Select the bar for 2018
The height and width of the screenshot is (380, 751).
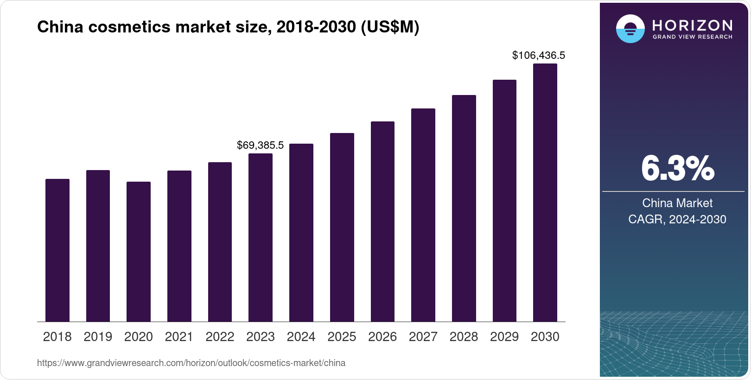tap(57, 250)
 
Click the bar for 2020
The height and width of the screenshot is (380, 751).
tap(139, 252)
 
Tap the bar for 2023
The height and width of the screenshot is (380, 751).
tap(261, 237)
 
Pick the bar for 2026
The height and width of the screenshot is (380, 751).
tap(382, 222)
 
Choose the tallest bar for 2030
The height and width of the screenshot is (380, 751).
tap(545, 193)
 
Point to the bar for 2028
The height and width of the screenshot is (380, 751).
tap(464, 209)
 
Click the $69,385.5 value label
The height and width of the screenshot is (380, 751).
tap(260, 145)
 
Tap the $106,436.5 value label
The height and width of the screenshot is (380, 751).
tap(538, 56)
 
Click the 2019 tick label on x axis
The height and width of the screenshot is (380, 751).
tap(98, 337)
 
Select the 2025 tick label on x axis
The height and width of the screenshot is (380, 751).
tap(342, 337)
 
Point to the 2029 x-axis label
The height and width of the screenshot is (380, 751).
tap(504, 337)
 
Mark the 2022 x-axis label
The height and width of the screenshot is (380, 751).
tap(220, 337)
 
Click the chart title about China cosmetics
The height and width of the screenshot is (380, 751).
tap(228, 27)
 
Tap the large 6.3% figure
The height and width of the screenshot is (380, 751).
tap(677, 169)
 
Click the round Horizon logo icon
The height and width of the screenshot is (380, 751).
tap(630, 29)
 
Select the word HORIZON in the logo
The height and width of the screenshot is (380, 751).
tap(693, 25)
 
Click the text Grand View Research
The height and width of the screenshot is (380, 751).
tap(693, 37)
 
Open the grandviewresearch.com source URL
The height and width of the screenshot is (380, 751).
tap(191, 363)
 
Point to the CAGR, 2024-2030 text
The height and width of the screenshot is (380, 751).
tap(677, 219)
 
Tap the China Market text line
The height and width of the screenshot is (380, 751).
tap(677, 203)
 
